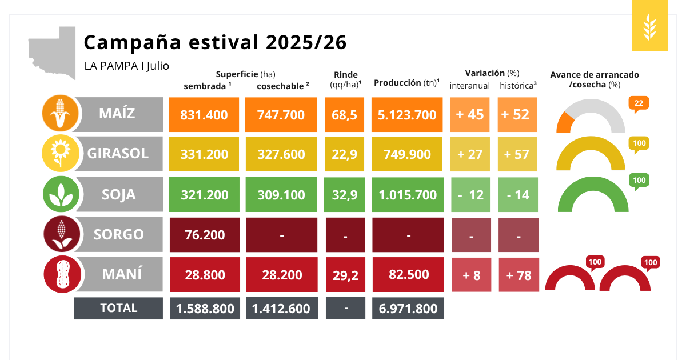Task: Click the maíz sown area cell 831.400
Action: (x=204, y=115)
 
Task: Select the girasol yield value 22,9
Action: (x=345, y=154)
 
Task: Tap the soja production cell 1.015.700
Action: (x=408, y=195)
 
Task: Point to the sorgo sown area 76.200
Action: (x=205, y=235)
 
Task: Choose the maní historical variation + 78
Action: (x=519, y=275)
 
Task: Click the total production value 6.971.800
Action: (x=408, y=308)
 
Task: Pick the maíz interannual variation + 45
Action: (x=470, y=115)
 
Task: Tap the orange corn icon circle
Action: (x=61, y=113)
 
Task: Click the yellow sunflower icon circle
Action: (x=61, y=153)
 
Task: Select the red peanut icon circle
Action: (x=62, y=274)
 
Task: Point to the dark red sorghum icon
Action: (x=62, y=234)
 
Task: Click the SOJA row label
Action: (x=118, y=195)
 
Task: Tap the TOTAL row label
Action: (x=118, y=308)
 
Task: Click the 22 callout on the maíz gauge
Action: (x=639, y=103)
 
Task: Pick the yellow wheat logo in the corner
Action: (x=650, y=26)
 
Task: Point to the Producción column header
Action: (x=406, y=83)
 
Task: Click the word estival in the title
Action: (x=224, y=42)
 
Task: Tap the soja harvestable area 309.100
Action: (x=281, y=195)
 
